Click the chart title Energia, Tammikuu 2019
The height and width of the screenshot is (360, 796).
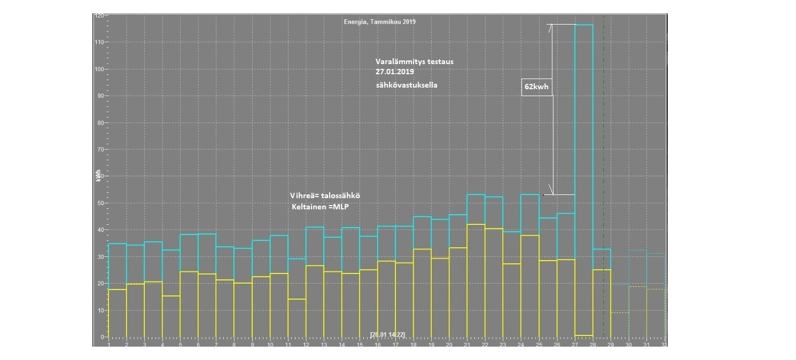pyautogui.click(x=379, y=22)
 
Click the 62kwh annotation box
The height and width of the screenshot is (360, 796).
pyautogui.click(x=536, y=87)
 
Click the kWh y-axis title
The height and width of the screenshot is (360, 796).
pyautogui.click(x=98, y=176)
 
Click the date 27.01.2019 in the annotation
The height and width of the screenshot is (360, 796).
pyautogui.click(x=395, y=72)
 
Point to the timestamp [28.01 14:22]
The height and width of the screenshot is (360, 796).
pyautogui.click(x=387, y=335)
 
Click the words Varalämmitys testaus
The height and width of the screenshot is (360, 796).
pyautogui.click(x=414, y=62)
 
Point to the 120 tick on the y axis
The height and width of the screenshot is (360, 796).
pyautogui.click(x=99, y=16)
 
